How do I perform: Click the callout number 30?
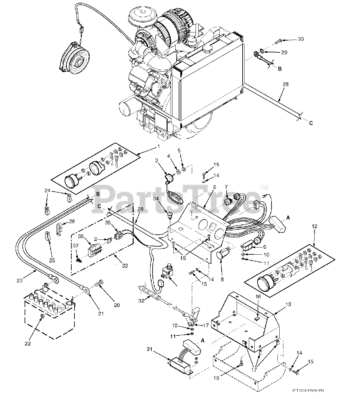click(x=300, y=39)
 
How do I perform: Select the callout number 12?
click(x=315, y=227)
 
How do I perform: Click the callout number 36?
click(x=81, y=237)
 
